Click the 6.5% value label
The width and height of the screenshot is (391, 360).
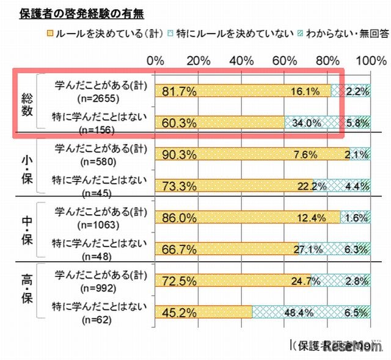tap(357, 312)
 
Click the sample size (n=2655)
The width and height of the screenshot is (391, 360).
tap(94, 98)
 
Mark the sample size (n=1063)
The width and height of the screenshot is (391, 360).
tap(94, 223)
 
